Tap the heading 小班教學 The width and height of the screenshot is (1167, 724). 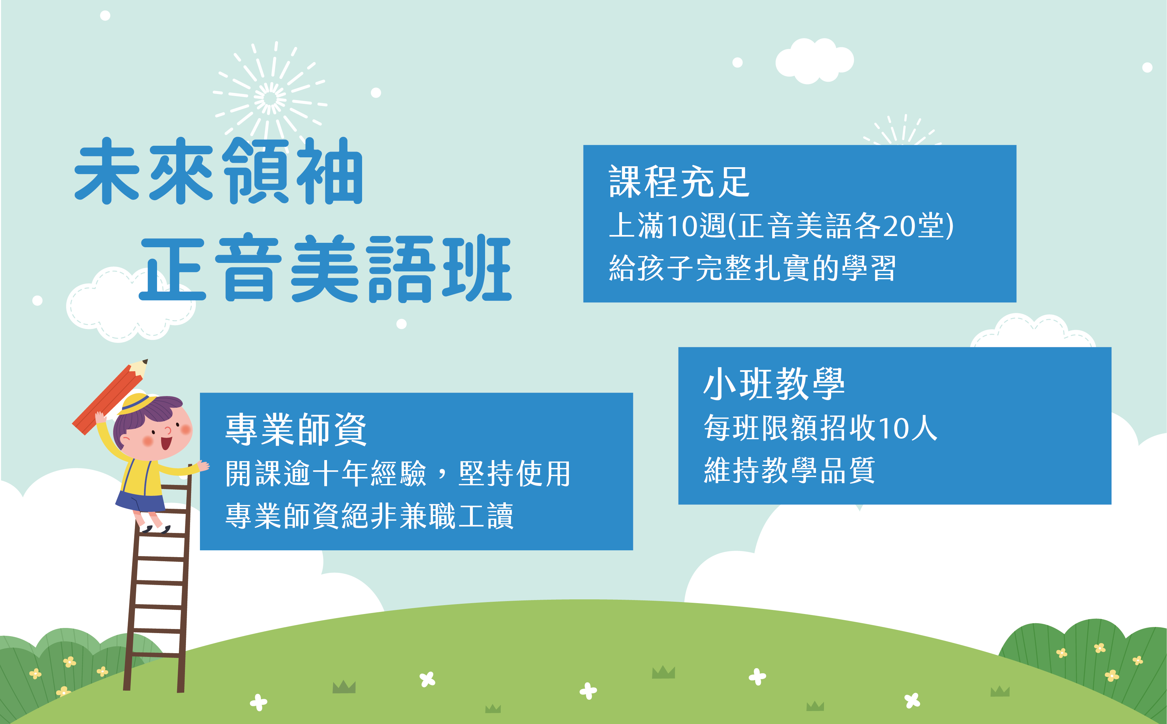pyautogui.click(x=774, y=384)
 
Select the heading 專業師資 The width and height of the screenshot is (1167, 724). pyautogui.click(x=296, y=429)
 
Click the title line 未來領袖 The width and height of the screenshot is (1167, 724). pyautogui.click(x=219, y=171)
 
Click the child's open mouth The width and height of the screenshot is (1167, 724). pyautogui.click(x=166, y=442)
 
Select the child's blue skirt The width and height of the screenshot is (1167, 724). pyautogui.click(x=140, y=500)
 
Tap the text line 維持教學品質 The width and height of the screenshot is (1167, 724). pyautogui.click(x=790, y=470)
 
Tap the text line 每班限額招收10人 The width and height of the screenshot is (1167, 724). pyautogui.click(x=820, y=428)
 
